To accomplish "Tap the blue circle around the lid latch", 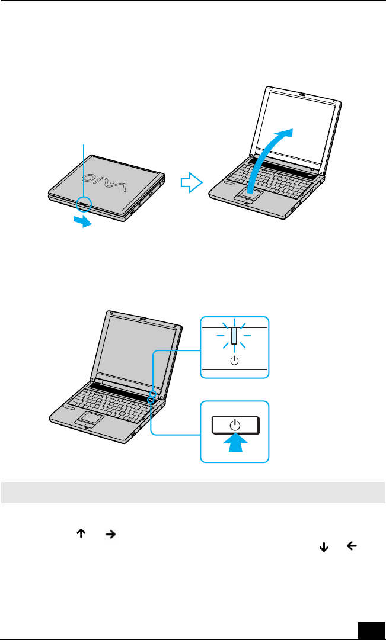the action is (84, 204).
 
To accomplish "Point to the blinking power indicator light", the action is (235, 336).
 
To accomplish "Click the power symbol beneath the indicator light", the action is (235, 360).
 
